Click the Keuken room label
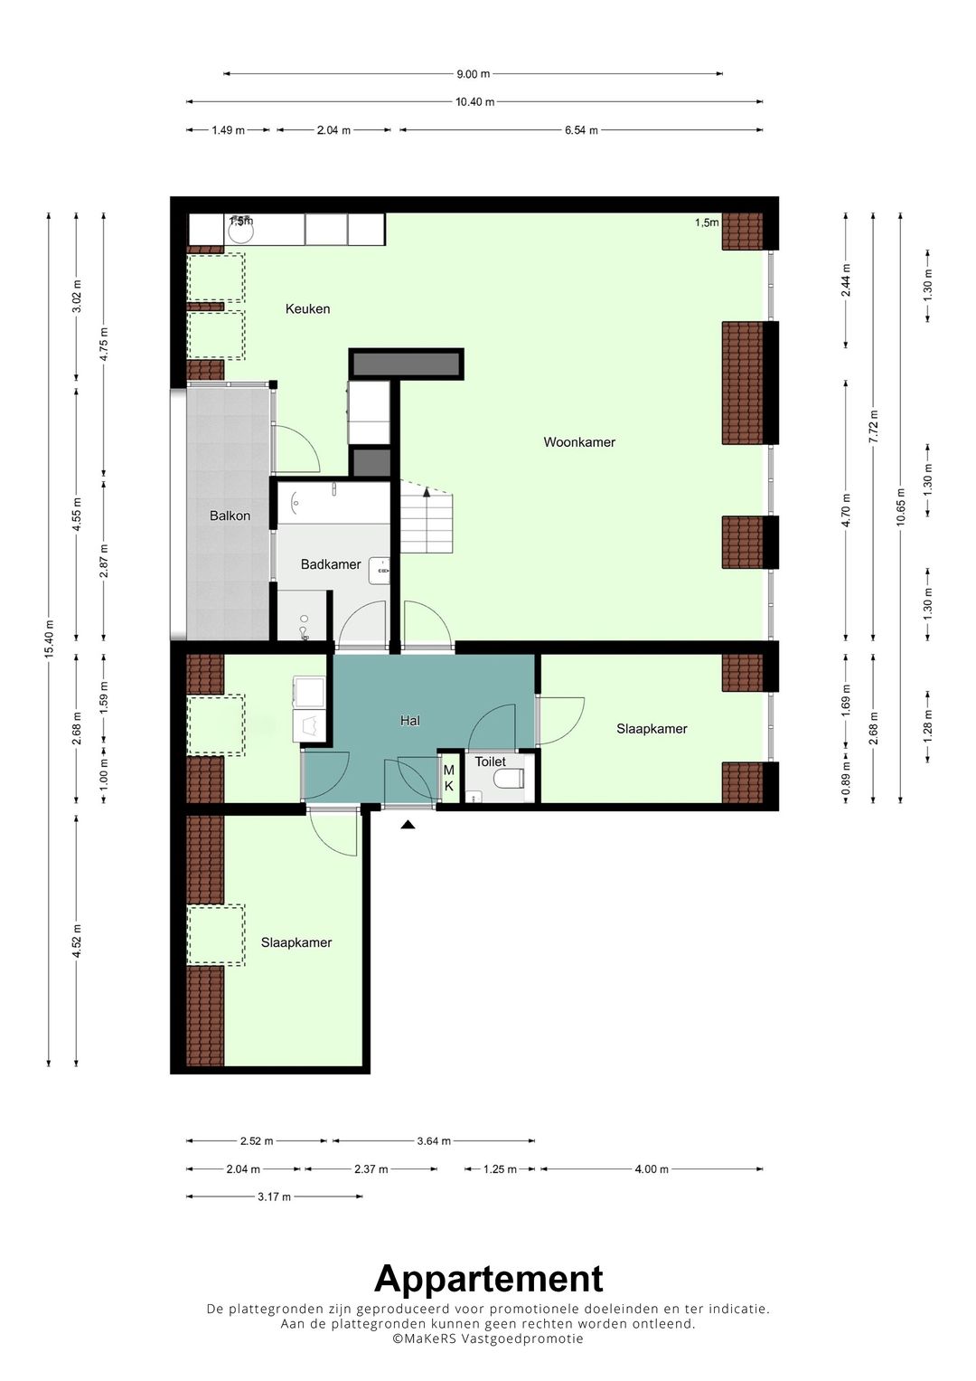[x=307, y=309]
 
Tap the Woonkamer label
[x=579, y=442]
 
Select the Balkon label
[x=230, y=516]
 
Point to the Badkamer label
[x=331, y=564]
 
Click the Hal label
[x=409, y=720]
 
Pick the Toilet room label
[x=491, y=762]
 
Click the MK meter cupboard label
[x=449, y=778]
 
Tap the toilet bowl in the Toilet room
[x=509, y=780]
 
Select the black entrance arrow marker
[x=408, y=824]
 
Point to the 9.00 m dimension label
[x=474, y=74]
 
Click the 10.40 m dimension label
[x=475, y=101]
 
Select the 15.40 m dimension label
[x=50, y=639]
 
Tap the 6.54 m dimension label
[x=582, y=130]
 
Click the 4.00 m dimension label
[x=652, y=1168]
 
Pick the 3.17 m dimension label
[x=274, y=1197]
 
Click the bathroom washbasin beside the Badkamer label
[x=380, y=571]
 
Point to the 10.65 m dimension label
[x=901, y=506]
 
